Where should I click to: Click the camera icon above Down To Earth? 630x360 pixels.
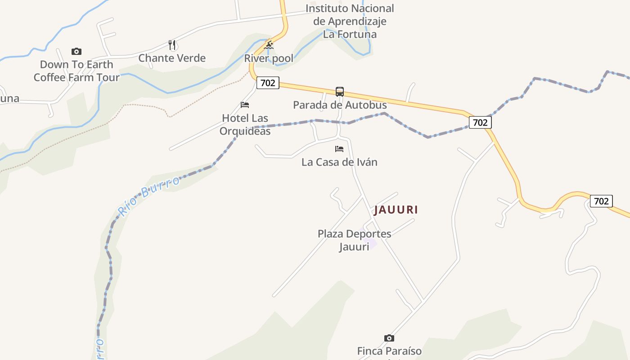tap(76, 51)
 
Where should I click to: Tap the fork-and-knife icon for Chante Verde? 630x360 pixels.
tap(171, 45)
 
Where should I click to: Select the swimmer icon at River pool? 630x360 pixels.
tap(269, 45)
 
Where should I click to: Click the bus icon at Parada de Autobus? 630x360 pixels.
tap(340, 92)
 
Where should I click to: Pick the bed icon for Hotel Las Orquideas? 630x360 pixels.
tap(245, 105)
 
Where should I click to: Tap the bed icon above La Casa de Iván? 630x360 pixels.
tap(339, 149)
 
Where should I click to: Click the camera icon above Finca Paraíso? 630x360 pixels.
tap(389, 338)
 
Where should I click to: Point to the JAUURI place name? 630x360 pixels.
tap(396, 210)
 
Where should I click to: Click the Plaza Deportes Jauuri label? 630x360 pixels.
tap(354, 240)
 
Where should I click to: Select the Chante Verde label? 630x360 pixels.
tap(172, 58)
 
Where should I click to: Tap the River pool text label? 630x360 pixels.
tap(269, 58)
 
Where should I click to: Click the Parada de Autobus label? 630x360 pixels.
tap(340, 105)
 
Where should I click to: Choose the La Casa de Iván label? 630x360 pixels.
tap(339, 162)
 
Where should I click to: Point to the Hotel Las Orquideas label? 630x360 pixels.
tap(245, 125)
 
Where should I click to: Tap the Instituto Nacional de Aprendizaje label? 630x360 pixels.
tap(350, 21)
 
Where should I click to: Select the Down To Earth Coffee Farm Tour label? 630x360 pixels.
tap(76, 71)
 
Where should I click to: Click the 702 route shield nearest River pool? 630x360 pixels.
tap(268, 83)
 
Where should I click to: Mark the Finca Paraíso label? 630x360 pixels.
tap(389, 351)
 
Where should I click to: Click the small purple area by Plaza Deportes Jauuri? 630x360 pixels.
tap(372, 245)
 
